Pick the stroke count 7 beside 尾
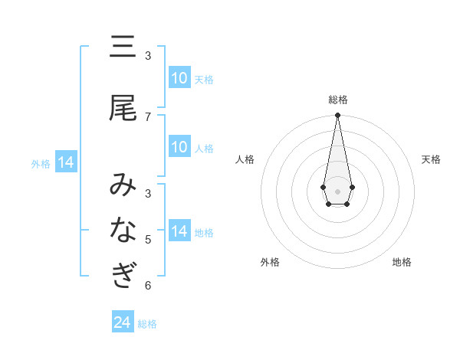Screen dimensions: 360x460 click(x=148, y=116)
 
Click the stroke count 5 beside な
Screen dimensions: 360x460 click(x=148, y=239)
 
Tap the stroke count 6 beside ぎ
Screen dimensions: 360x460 click(x=148, y=285)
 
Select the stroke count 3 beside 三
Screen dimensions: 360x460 click(x=148, y=56)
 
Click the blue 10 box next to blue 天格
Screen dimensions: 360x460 click(x=179, y=78)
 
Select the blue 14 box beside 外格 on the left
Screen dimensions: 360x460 click(x=65, y=162)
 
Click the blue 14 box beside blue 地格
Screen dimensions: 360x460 click(x=179, y=231)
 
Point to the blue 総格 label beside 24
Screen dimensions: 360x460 click(x=147, y=324)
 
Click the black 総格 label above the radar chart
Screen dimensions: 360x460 click(x=338, y=100)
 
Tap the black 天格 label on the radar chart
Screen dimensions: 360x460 click(x=431, y=159)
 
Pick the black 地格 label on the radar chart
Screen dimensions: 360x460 click(x=402, y=262)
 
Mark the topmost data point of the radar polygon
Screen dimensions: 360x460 click(x=337, y=115)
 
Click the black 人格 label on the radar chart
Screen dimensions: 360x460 click(x=245, y=159)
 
